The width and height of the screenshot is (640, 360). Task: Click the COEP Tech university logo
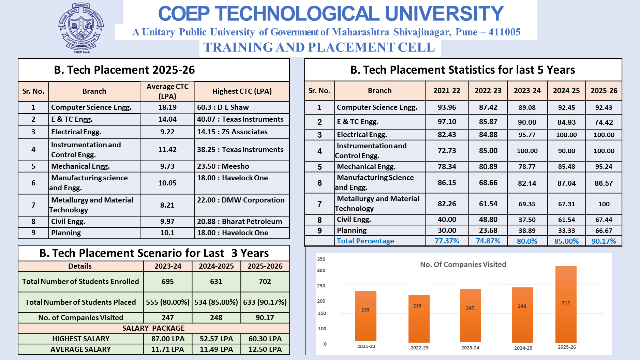(x=81, y=28)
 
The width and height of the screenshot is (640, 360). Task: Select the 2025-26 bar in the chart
(x=566, y=304)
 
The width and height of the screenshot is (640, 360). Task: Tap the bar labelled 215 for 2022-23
(x=419, y=319)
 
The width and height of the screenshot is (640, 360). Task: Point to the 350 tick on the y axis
(x=321, y=259)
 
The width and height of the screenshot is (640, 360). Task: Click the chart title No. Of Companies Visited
(x=463, y=264)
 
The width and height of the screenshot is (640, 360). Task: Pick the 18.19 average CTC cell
(x=167, y=107)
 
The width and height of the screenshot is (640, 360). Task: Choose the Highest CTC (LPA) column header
(x=242, y=91)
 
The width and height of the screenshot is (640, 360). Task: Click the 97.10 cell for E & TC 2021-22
(x=447, y=122)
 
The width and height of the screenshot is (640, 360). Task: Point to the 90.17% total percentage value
(x=604, y=241)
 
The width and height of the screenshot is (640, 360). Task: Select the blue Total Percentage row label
(x=365, y=241)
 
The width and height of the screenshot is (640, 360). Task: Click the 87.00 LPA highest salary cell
(x=168, y=339)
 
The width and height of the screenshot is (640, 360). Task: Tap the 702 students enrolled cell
(x=265, y=282)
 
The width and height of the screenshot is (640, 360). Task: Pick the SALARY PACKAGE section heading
(x=153, y=328)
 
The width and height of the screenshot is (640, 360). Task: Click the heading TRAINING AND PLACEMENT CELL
(x=319, y=47)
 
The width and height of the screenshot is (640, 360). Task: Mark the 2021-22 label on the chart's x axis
(x=366, y=346)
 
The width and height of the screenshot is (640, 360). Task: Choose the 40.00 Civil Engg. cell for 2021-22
(x=447, y=220)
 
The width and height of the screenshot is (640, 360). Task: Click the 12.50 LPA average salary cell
(x=265, y=349)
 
